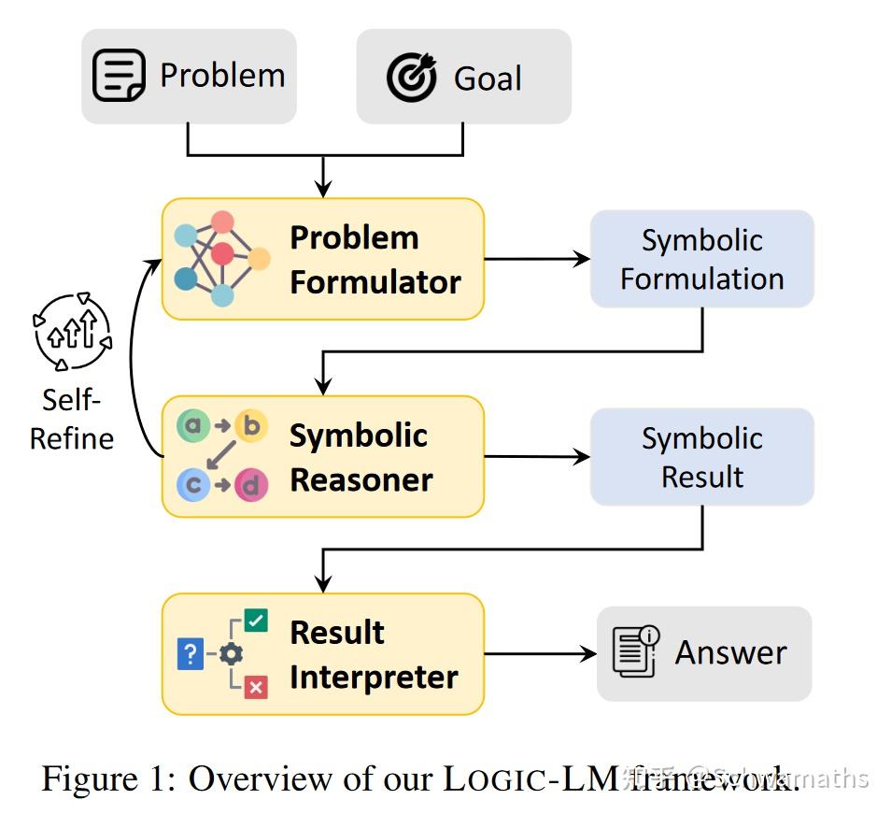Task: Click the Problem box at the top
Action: (x=189, y=76)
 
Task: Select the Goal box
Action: (x=463, y=76)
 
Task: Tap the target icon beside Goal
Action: (x=412, y=77)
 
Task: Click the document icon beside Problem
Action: (x=119, y=76)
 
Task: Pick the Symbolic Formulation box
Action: (x=701, y=259)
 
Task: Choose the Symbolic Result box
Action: (x=701, y=457)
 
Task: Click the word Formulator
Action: (x=375, y=282)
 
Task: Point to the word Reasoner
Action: (x=361, y=480)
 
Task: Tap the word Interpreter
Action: (x=374, y=678)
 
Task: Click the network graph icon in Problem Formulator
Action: (x=221, y=258)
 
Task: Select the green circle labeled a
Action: (x=193, y=427)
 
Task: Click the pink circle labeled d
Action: (x=250, y=486)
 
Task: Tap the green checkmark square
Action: (x=256, y=620)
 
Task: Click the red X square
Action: (x=256, y=687)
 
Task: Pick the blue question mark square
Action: (x=190, y=654)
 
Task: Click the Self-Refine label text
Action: (x=72, y=419)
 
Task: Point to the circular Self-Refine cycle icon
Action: (x=72, y=332)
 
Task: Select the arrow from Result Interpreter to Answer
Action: (x=540, y=654)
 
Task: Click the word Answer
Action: (x=730, y=652)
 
